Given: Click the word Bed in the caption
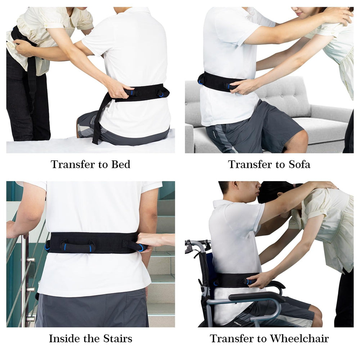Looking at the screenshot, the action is click(121, 165).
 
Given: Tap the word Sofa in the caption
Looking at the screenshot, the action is click(300, 165).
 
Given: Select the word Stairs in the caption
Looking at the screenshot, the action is click(118, 338).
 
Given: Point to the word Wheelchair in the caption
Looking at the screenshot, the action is click(299, 338).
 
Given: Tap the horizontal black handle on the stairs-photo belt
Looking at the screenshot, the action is click(77, 248).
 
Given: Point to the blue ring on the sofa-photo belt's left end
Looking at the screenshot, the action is click(201, 82).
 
